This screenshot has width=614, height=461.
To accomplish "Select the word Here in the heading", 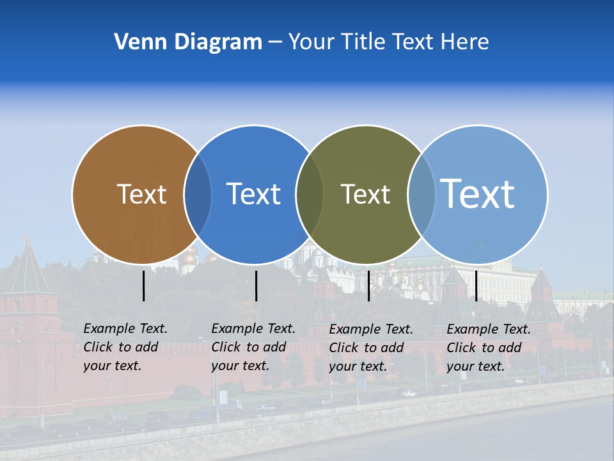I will (x=465, y=42).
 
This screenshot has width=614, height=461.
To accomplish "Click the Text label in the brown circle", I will (x=141, y=194).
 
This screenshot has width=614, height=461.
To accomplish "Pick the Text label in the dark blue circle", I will (x=254, y=194).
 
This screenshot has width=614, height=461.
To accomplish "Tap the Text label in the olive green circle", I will (x=365, y=194).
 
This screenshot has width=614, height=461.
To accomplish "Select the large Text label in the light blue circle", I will (x=478, y=193).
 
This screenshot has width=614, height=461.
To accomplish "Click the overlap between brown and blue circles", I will (x=198, y=195).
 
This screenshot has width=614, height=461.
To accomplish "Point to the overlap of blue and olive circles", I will (x=310, y=195).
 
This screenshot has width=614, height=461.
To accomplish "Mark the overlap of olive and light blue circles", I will (x=421, y=195).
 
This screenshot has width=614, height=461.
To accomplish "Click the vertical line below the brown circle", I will (x=144, y=286).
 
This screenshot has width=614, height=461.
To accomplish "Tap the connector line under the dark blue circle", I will (x=256, y=286).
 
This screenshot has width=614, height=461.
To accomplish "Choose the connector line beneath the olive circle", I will (x=368, y=286).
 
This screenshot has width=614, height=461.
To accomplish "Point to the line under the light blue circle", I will (x=476, y=286).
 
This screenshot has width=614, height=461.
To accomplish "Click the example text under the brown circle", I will (x=125, y=347).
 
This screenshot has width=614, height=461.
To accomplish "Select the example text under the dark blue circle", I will (x=253, y=347).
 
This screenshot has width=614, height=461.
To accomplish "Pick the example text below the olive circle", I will (x=370, y=348).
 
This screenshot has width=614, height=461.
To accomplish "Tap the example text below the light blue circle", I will (x=488, y=348).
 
